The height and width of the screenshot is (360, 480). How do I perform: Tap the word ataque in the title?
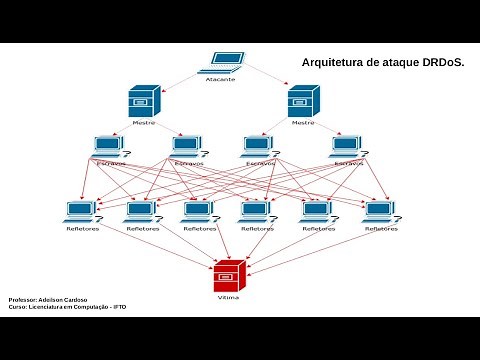[404, 62]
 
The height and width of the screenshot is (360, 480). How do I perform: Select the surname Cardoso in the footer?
[74, 300]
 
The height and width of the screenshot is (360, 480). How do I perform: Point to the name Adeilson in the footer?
[50, 300]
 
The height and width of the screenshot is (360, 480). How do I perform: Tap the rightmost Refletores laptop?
[379, 212]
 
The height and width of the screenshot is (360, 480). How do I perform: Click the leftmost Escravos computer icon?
[108, 147]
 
